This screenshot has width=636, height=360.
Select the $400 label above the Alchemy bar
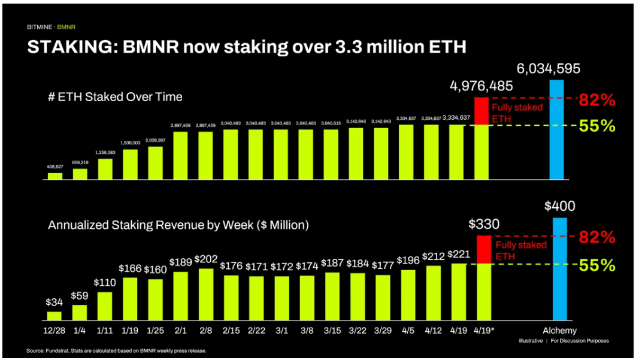pos(559,207)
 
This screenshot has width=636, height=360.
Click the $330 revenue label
pos(482,225)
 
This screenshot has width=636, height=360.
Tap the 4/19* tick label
pos(483,331)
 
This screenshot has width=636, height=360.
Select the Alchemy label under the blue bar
pos(559,331)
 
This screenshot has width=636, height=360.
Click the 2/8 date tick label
pos(205,331)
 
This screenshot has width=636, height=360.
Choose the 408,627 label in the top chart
pos(54,167)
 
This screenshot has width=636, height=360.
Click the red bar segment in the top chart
pos(481,111)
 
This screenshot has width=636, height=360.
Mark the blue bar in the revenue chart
pos(559,270)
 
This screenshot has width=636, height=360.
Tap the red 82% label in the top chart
pos(596,100)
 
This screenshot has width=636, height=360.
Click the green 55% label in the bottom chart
pos(596,265)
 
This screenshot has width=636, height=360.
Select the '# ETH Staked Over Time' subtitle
pos(116,96)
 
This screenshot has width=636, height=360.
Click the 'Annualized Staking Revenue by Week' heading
pos(178,225)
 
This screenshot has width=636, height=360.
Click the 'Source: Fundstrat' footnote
pos(117,350)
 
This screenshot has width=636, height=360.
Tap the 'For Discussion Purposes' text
pos(580,341)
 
